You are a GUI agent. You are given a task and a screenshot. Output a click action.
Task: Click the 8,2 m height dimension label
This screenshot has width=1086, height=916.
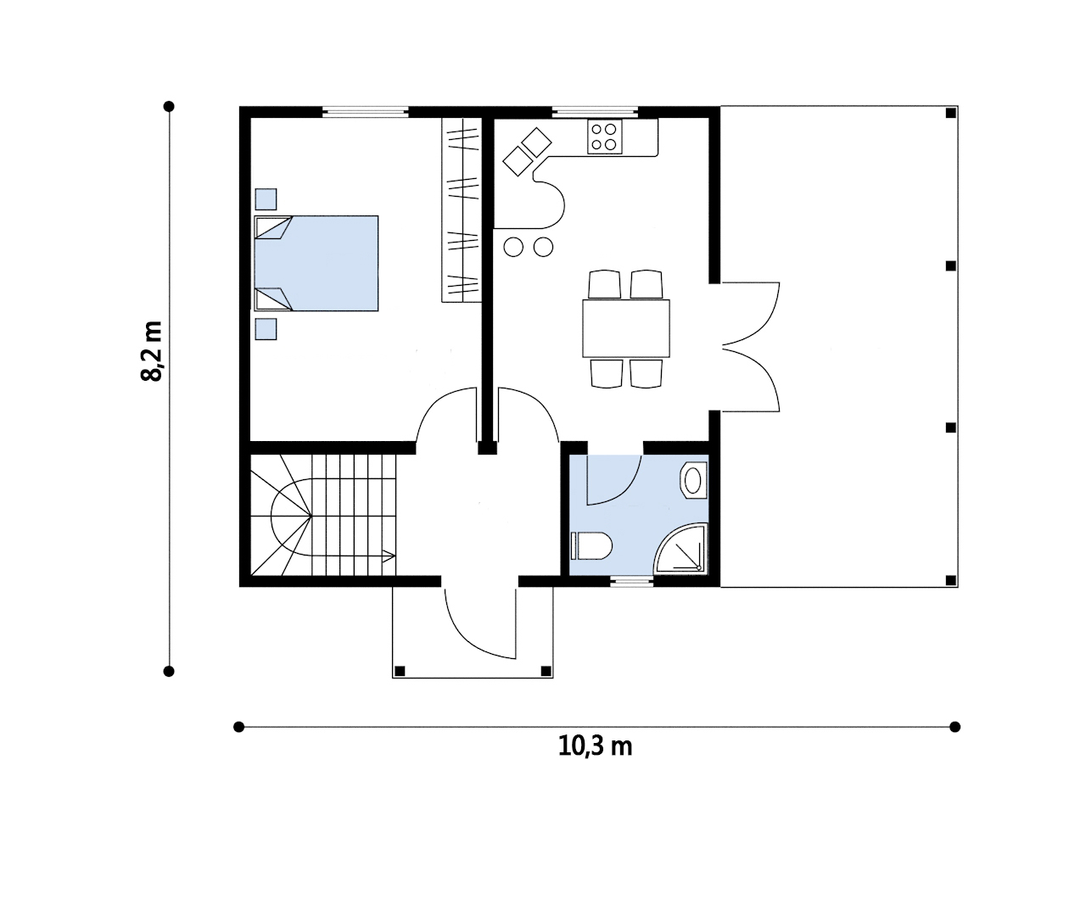click(x=152, y=351)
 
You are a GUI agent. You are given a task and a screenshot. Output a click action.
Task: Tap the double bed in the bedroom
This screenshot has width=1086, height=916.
click(x=316, y=264)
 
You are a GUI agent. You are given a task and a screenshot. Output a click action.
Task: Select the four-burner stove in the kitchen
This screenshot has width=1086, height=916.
click(x=605, y=137)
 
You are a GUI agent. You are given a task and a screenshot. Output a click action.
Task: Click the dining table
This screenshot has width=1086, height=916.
click(x=626, y=328)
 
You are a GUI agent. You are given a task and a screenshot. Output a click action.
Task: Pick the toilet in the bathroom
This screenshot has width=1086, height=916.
click(x=591, y=545)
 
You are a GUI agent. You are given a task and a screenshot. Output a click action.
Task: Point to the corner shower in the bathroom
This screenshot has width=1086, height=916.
click(x=681, y=549)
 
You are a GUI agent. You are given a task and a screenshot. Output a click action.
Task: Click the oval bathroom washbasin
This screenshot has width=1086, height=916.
click(x=693, y=480)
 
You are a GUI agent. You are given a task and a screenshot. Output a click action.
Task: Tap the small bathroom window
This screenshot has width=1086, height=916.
click(x=631, y=582)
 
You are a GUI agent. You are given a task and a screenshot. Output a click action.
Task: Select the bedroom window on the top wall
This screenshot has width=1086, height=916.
click(x=365, y=112)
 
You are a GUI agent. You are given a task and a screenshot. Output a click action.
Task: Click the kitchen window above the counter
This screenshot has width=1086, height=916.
click(x=595, y=112)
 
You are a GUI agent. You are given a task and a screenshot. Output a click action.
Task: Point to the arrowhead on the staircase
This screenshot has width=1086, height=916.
click(x=389, y=556)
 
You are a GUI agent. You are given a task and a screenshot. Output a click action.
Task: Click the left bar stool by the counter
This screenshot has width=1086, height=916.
click(x=514, y=247)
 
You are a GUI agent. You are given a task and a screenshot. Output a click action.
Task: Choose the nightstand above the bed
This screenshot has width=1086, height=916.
click(x=266, y=199)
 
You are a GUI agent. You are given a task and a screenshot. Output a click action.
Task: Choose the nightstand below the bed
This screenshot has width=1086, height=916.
click(x=266, y=329)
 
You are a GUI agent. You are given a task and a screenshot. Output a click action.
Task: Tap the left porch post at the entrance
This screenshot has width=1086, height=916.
click(x=400, y=671)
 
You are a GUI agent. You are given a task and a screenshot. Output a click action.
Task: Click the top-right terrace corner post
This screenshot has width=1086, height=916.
click(x=950, y=113)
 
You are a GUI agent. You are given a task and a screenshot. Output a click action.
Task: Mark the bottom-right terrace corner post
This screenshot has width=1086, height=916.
click(x=950, y=580)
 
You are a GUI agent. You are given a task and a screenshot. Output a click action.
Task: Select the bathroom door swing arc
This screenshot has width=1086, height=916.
click(x=627, y=489)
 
